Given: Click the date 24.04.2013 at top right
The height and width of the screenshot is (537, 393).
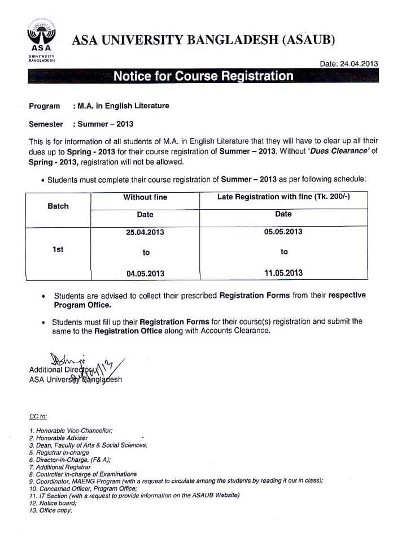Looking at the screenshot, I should pos(349,64).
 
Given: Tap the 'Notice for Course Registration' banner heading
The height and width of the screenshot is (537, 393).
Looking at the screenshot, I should pos(203,76).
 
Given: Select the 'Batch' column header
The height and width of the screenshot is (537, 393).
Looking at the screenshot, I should pos(58,206).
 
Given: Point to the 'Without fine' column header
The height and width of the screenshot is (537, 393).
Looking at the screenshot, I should pos(145,197).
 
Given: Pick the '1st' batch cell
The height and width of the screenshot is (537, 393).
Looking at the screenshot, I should pos(58,249).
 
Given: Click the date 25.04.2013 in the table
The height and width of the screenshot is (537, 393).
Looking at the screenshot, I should pos(145,232).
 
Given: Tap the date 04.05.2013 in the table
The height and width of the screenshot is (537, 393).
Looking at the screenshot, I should pos(145,274).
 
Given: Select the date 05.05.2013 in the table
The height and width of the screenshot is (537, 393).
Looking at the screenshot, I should pos(283,232).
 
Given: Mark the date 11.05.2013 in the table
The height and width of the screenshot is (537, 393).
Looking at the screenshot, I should pos(283,273).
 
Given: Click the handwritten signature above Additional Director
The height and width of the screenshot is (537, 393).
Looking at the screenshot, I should pos(85,364).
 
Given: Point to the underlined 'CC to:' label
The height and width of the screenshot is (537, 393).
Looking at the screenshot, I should pos(38,417).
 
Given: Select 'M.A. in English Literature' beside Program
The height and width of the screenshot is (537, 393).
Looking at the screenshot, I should pos(121,106).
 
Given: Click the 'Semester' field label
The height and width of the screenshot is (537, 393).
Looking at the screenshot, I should pos(46,124).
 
